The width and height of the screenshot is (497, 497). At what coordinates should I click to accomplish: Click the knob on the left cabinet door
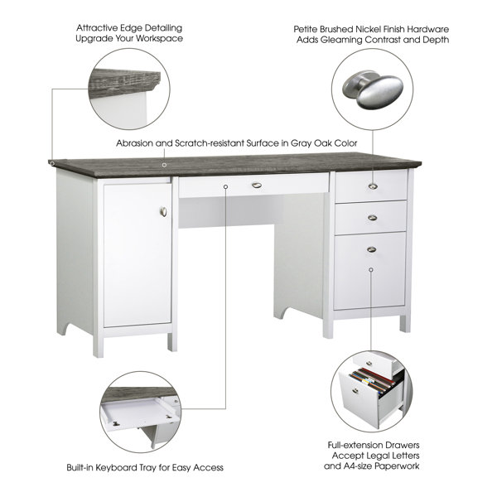click(163, 213)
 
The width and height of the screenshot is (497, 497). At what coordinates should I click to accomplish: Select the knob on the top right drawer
click(372, 186)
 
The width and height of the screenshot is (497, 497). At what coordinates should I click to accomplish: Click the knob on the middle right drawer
click(372, 218)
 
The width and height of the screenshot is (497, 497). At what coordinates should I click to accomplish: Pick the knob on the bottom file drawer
click(372, 249)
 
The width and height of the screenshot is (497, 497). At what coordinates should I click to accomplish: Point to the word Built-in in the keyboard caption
click(85, 468)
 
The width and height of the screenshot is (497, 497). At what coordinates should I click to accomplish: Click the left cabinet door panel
click(137, 253)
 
